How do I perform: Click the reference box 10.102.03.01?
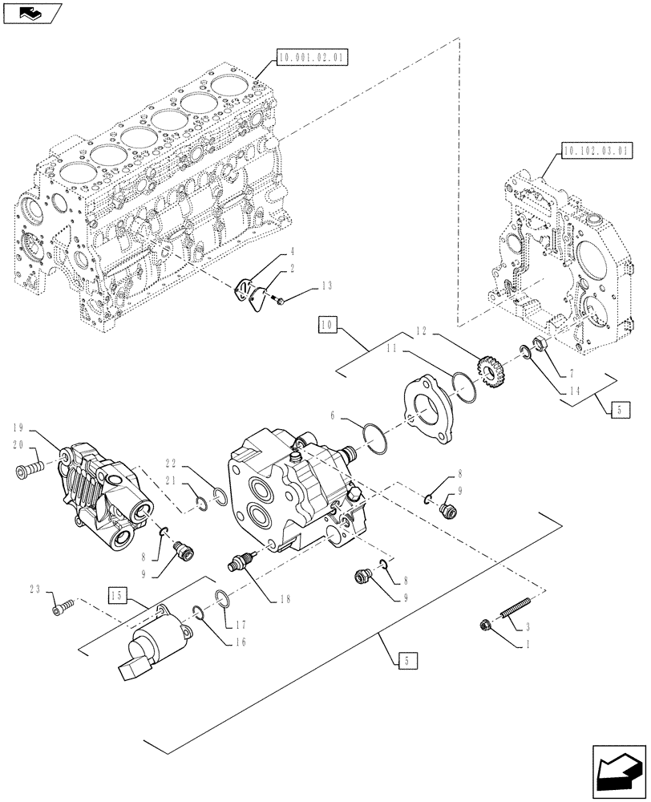tap(597, 150)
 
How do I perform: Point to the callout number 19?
tap(21, 427)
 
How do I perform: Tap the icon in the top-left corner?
tap(30, 11)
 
